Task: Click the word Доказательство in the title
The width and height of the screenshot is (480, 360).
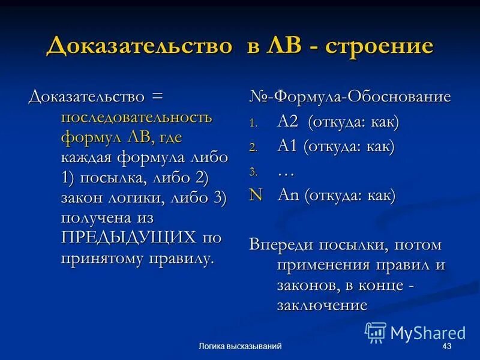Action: pos(139,46)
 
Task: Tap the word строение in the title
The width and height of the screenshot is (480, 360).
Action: pos(379,46)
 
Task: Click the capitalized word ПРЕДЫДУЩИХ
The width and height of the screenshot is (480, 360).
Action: pos(128,238)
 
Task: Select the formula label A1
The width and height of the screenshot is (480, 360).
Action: pos(287,146)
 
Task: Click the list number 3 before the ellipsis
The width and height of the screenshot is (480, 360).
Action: pos(253,172)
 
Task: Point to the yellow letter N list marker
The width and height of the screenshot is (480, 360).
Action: pos(256,195)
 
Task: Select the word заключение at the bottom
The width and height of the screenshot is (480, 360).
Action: pos(322,305)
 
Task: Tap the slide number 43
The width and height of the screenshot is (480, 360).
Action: pos(446,347)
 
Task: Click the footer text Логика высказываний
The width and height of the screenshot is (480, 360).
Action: pos(240,347)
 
